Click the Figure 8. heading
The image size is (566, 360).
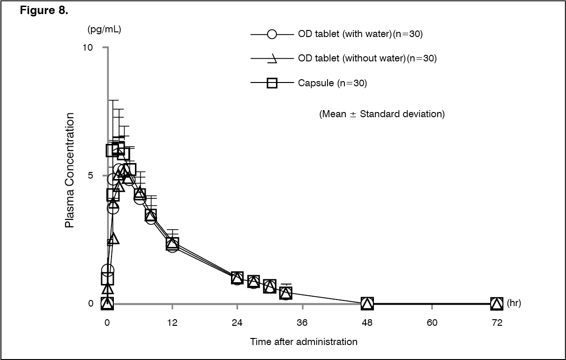45,11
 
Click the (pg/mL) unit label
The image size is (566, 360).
104,30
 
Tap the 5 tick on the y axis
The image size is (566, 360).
91,175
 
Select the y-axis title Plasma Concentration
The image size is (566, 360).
70,171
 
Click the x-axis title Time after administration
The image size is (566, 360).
304,341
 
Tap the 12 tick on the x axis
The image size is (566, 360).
172,322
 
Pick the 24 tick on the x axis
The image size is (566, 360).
237,322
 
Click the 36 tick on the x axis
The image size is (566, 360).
302,322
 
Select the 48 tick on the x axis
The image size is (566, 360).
367,322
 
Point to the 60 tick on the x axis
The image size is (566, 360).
432,322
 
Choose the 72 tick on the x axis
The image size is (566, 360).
497,322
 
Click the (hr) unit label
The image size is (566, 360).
514,303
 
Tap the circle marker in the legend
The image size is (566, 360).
272,34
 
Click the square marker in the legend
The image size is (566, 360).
272,83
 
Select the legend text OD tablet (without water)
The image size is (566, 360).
351,59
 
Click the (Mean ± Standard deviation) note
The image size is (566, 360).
382,114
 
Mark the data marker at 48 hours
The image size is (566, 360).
367,303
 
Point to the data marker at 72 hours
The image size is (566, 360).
497,303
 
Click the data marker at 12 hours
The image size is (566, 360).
172,244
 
